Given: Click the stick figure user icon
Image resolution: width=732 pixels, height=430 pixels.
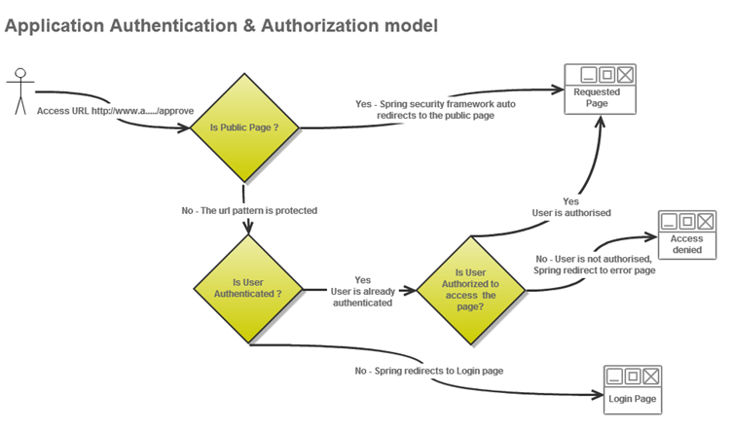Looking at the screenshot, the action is (x=20, y=91).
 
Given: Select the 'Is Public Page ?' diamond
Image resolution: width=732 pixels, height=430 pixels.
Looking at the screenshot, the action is (x=244, y=127).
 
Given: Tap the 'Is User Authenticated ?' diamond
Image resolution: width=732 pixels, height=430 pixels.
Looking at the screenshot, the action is (x=248, y=289).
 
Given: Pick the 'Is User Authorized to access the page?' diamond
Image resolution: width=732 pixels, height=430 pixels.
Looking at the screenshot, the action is (x=471, y=290).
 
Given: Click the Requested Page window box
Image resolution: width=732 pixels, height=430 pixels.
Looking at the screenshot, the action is (x=600, y=90).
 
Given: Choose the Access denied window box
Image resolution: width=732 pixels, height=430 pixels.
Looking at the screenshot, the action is (x=686, y=234).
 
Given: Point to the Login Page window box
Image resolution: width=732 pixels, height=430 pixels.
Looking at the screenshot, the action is (x=633, y=390).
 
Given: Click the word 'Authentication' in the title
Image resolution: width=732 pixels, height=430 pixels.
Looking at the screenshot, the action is (x=173, y=25).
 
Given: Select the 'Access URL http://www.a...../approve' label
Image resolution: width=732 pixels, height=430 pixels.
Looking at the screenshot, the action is (x=115, y=111).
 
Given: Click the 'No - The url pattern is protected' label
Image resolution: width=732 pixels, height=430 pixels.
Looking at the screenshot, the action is (x=249, y=211).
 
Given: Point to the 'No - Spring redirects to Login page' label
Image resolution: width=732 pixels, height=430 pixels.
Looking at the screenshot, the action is (x=429, y=371).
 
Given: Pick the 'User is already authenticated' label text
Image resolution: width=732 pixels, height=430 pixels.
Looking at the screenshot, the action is (x=363, y=297).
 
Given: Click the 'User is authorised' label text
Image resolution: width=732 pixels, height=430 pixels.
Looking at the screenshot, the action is (x=571, y=213).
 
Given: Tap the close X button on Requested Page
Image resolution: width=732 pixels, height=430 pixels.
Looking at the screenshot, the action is (x=625, y=75).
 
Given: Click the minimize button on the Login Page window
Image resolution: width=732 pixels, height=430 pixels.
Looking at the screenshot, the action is (x=614, y=376).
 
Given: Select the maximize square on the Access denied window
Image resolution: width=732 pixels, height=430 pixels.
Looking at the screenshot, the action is (x=686, y=221).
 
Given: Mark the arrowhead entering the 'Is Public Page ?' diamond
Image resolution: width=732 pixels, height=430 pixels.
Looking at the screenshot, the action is (x=185, y=126).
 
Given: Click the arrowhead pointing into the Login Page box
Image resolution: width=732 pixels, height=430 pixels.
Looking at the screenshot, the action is (x=598, y=395).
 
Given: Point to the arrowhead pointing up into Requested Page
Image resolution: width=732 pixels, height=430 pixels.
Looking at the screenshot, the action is (x=601, y=122).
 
